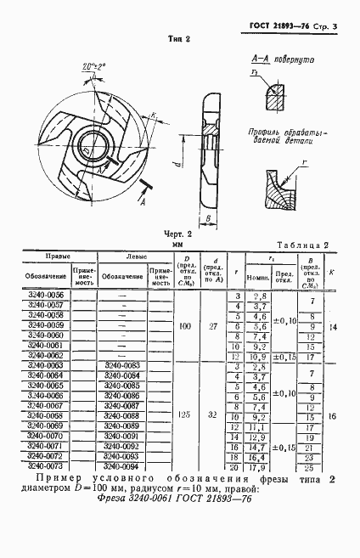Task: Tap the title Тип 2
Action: tap(178, 39)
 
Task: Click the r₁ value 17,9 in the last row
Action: tap(259, 465)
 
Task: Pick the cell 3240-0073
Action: tap(46, 465)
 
